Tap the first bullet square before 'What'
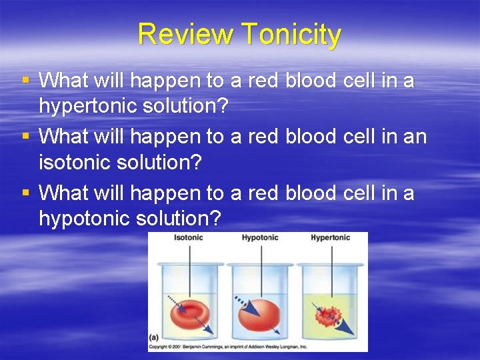pyautogui.click(x=26, y=80)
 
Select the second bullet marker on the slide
pyautogui.click(x=26, y=136)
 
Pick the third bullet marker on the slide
pyautogui.click(x=26, y=192)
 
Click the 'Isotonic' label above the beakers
pyautogui.click(x=188, y=238)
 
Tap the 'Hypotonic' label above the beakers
pyautogui.click(x=259, y=238)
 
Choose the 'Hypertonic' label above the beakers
pyautogui.click(x=330, y=238)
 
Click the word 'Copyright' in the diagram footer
pyautogui.click(x=159, y=347)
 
